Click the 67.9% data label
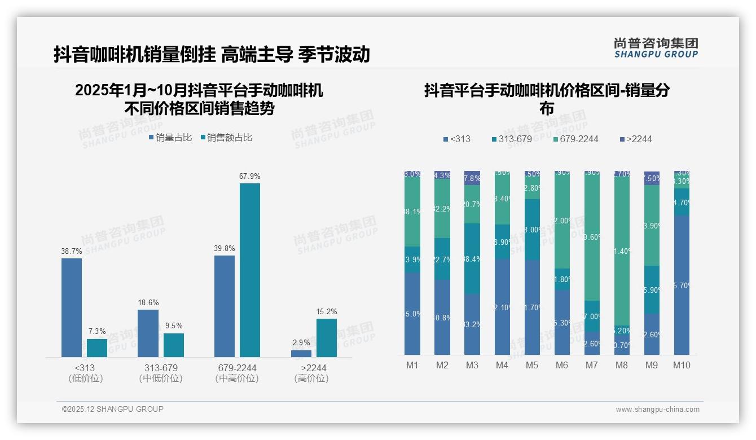coord(249,177)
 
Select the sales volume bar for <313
coord(72,307)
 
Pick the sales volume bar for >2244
coord(301,354)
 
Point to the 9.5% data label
coord(173,326)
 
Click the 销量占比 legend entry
coord(170,138)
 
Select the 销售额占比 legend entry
coord(226,138)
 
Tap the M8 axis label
coord(621,365)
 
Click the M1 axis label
coord(412,365)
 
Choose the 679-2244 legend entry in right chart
coord(575,139)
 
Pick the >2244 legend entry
coord(635,139)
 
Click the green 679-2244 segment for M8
coord(621,251)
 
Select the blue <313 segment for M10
coord(682,285)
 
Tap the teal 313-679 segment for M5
coord(532,229)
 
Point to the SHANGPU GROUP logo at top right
coord(656,48)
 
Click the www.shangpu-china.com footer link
coord(657,410)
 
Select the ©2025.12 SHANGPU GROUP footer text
coord(113,409)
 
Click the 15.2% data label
coord(327,312)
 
